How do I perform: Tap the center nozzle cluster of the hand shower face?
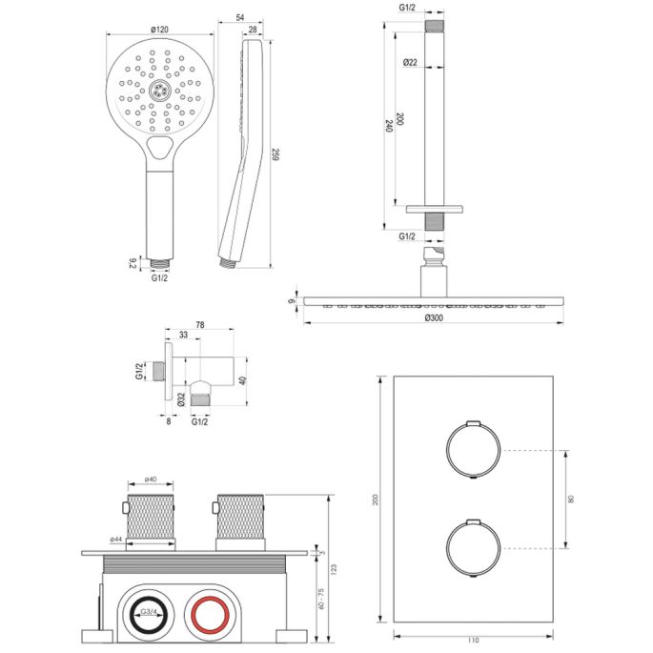(159, 92)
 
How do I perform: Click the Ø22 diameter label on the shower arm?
(410, 62)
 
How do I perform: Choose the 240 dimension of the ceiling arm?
(389, 126)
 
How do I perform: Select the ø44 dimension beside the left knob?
(116, 540)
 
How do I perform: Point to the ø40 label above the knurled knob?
(151, 480)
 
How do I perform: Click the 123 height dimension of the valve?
(333, 569)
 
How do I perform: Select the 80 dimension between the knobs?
(572, 499)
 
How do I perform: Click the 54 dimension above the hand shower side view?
(240, 18)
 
